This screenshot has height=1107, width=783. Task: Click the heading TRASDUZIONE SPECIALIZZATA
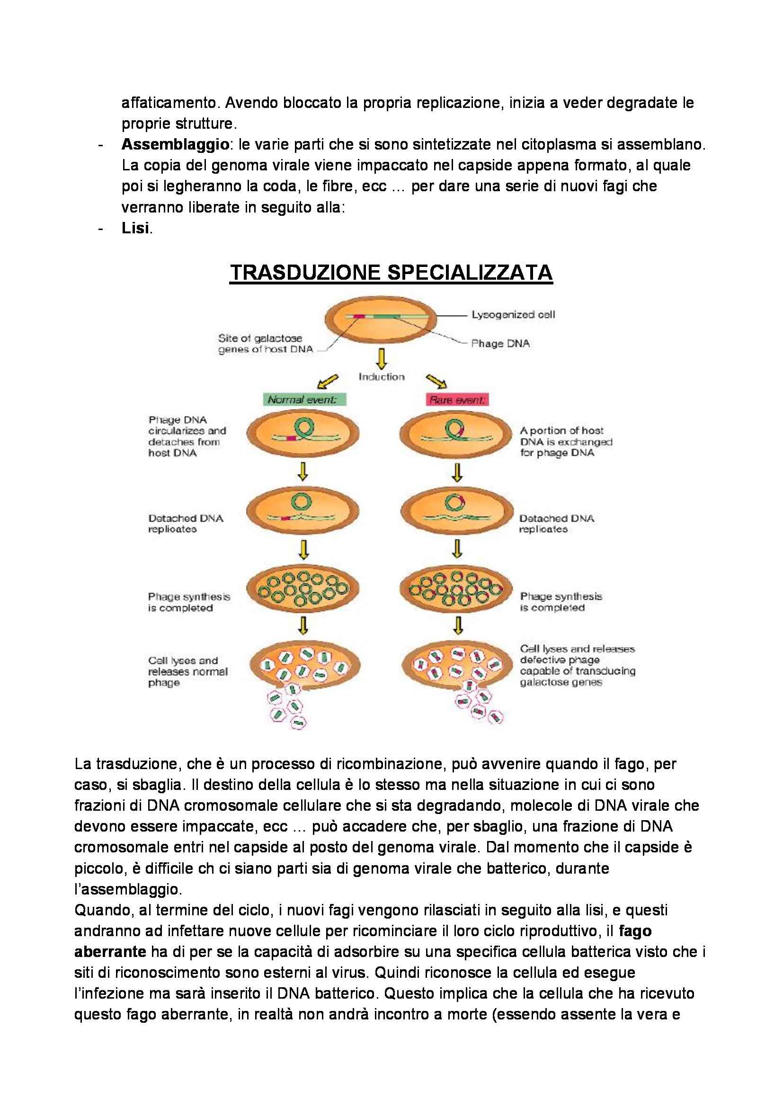pyautogui.click(x=391, y=273)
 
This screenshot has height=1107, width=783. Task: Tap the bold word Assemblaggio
pyautogui.click(x=175, y=144)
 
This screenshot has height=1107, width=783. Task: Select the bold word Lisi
pyautogui.click(x=135, y=228)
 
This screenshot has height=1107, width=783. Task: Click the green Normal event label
pyautogui.click(x=303, y=400)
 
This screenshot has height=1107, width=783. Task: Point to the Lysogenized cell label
pyautogui.click(x=513, y=315)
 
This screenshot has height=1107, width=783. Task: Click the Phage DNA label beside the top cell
pyautogui.click(x=500, y=343)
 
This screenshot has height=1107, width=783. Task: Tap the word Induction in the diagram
pyautogui.click(x=382, y=377)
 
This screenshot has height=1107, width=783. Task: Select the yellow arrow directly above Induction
pyautogui.click(x=382, y=359)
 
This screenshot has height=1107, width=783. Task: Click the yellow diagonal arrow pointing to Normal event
pyautogui.click(x=328, y=381)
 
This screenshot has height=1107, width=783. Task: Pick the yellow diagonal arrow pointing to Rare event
pyautogui.click(x=436, y=381)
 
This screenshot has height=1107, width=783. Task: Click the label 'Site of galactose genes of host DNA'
pyautogui.click(x=265, y=344)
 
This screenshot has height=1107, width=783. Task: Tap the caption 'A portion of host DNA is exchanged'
pyautogui.click(x=566, y=441)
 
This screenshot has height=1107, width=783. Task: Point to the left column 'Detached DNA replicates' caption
pyautogui.click(x=186, y=523)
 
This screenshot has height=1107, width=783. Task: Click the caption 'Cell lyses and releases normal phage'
pyautogui.click(x=187, y=671)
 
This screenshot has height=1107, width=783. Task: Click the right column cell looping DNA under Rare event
pyautogui.click(x=455, y=434)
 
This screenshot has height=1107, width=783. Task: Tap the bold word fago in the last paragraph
pyautogui.click(x=635, y=931)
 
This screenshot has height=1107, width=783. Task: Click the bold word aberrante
pyautogui.click(x=110, y=952)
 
